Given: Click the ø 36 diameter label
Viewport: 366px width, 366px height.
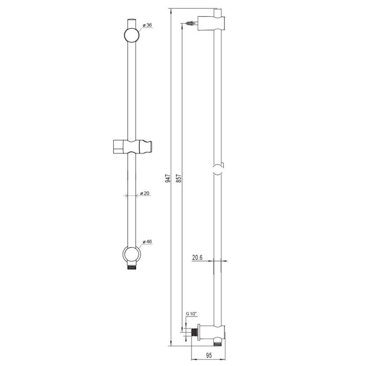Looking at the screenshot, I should click(147, 25).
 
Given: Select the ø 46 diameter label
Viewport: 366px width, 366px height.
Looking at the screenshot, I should click(147, 242).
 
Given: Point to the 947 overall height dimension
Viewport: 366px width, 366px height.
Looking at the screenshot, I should click(168, 178).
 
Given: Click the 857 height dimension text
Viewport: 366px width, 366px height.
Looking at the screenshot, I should click(178, 178).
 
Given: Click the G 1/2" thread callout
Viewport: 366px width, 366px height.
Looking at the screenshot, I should click(192, 314).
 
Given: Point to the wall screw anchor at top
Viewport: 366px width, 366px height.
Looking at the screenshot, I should click(191, 24).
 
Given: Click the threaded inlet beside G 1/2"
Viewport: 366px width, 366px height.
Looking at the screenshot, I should click(194, 332).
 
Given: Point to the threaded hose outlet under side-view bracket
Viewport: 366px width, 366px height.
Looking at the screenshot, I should click(217, 344).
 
